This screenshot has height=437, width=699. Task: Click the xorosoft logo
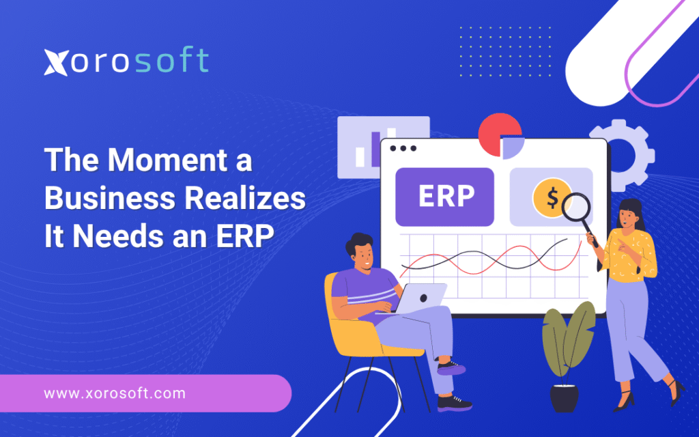[126, 61]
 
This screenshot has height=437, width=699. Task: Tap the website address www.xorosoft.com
[115, 393]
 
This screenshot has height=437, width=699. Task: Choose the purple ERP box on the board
[444, 197]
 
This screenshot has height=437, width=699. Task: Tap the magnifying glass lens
[576, 207]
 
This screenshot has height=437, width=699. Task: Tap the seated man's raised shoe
[451, 368]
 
